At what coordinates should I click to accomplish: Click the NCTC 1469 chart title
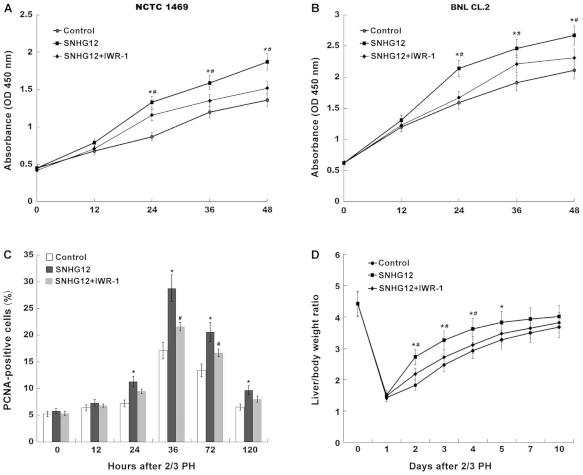point(162,7)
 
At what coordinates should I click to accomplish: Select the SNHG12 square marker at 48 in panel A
point(267,62)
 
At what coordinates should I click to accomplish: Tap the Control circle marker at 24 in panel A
point(152,137)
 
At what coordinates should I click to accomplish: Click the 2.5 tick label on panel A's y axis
point(26,15)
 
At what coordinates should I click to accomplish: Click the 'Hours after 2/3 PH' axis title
point(151,466)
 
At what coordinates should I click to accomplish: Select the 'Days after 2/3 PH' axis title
point(450,466)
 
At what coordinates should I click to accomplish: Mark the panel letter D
point(315,255)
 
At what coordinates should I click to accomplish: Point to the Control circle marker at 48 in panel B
point(574,70)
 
